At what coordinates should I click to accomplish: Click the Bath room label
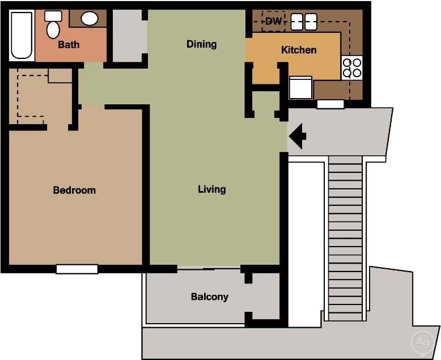click(x=69, y=44)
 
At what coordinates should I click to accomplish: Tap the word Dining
click(x=201, y=44)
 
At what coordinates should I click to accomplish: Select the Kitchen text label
click(x=299, y=50)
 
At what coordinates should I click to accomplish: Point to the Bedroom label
click(x=74, y=190)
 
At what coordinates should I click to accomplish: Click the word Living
click(x=211, y=189)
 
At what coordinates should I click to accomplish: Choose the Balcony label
click(x=209, y=297)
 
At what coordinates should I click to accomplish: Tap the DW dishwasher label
click(x=274, y=22)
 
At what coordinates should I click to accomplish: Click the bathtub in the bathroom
click(x=22, y=36)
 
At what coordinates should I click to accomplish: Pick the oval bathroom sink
click(x=90, y=19)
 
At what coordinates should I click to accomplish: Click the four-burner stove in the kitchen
click(x=352, y=68)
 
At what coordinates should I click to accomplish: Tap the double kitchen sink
click(x=304, y=22)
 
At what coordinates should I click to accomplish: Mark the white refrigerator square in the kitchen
click(x=300, y=88)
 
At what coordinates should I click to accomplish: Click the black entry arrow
click(x=298, y=136)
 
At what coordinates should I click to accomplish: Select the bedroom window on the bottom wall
click(x=77, y=269)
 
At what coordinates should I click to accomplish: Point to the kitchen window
click(x=330, y=104)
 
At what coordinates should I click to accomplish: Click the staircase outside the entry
click(x=345, y=238)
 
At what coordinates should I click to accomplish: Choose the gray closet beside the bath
click(x=126, y=36)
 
